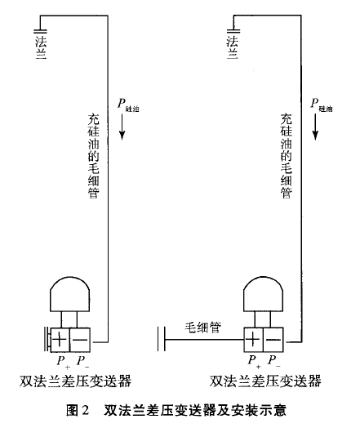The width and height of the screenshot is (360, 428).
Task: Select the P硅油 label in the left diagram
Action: tap(127, 105)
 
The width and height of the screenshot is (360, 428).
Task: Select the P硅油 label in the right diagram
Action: tap(322, 105)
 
